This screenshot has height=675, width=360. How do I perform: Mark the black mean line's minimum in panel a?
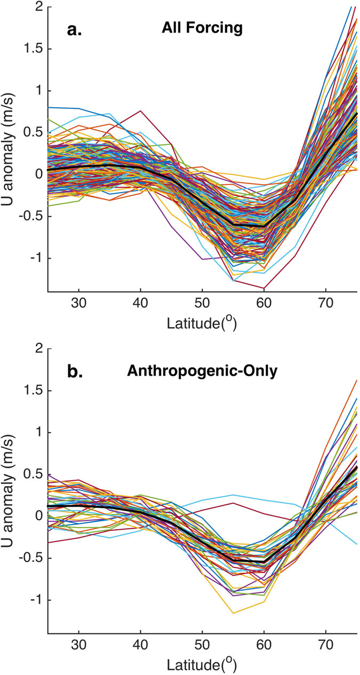[263, 227]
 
